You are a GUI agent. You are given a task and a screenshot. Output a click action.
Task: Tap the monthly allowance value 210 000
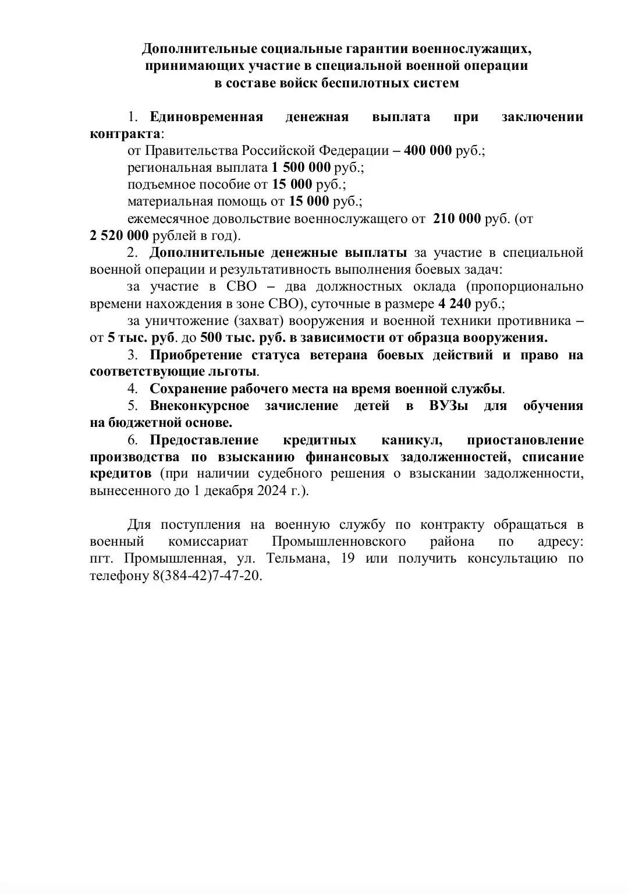[457, 219]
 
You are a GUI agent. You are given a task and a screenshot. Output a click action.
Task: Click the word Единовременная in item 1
[206, 116]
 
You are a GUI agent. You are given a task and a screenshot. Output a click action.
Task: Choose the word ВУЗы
[448, 405]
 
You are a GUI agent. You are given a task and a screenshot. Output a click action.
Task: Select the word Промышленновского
[338, 542]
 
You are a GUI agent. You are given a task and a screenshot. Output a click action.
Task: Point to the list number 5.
[132, 405]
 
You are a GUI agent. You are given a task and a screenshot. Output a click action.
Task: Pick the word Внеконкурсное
[199, 405]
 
